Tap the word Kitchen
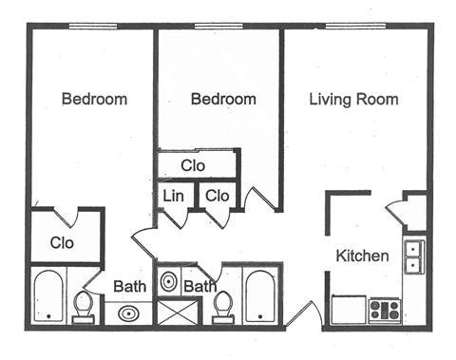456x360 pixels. pos(362,256)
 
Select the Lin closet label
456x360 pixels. pos(173,196)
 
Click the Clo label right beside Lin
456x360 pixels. pos(217,196)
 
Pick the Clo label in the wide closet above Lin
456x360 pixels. pos(194,165)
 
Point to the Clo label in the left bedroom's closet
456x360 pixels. pos(62,241)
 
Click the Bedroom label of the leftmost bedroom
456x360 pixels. pos(94,100)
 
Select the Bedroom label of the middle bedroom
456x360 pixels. pos(223,100)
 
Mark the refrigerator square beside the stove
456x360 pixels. pos(347,310)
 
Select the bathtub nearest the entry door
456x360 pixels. pos(259,296)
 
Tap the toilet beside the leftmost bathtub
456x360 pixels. pos(84,306)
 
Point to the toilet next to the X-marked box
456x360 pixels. pos(224,307)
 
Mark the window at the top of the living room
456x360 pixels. pos(356,27)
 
